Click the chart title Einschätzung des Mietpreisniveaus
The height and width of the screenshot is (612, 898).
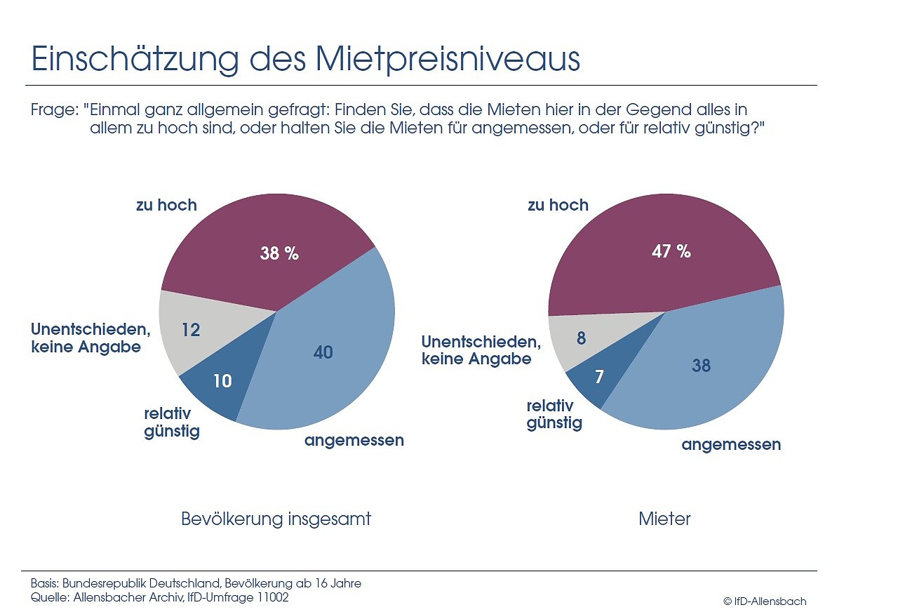pyautogui.click(x=305, y=60)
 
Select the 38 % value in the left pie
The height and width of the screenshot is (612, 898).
pyautogui.click(x=279, y=253)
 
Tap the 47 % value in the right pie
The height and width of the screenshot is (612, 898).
pyautogui.click(x=671, y=251)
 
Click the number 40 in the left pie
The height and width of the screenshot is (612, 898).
pyautogui.click(x=323, y=352)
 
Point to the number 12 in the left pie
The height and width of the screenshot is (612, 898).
pyautogui.click(x=191, y=329)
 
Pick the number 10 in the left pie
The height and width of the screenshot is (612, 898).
pyautogui.click(x=222, y=381)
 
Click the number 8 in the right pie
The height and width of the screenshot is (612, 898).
pyautogui.click(x=581, y=338)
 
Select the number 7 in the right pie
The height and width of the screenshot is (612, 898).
pyautogui.click(x=598, y=377)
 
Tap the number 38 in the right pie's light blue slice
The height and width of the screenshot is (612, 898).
pyautogui.click(x=701, y=365)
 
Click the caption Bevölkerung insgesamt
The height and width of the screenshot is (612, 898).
pyautogui.click(x=276, y=519)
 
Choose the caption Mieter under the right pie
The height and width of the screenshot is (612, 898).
pyautogui.click(x=664, y=519)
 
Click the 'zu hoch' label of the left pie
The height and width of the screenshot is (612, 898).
pyautogui.click(x=166, y=205)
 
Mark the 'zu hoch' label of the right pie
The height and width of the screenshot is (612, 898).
pyautogui.click(x=558, y=205)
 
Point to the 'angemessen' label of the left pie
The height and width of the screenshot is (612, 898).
pyautogui.click(x=354, y=441)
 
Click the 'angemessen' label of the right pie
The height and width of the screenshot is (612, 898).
pyautogui.click(x=731, y=444)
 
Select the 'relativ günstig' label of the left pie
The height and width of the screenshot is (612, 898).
pyautogui.click(x=172, y=422)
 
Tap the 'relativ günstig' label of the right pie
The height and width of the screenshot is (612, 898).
pyautogui.click(x=554, y=414)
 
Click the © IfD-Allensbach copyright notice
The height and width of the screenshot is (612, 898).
pyautogui.click(x=764, y=601)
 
